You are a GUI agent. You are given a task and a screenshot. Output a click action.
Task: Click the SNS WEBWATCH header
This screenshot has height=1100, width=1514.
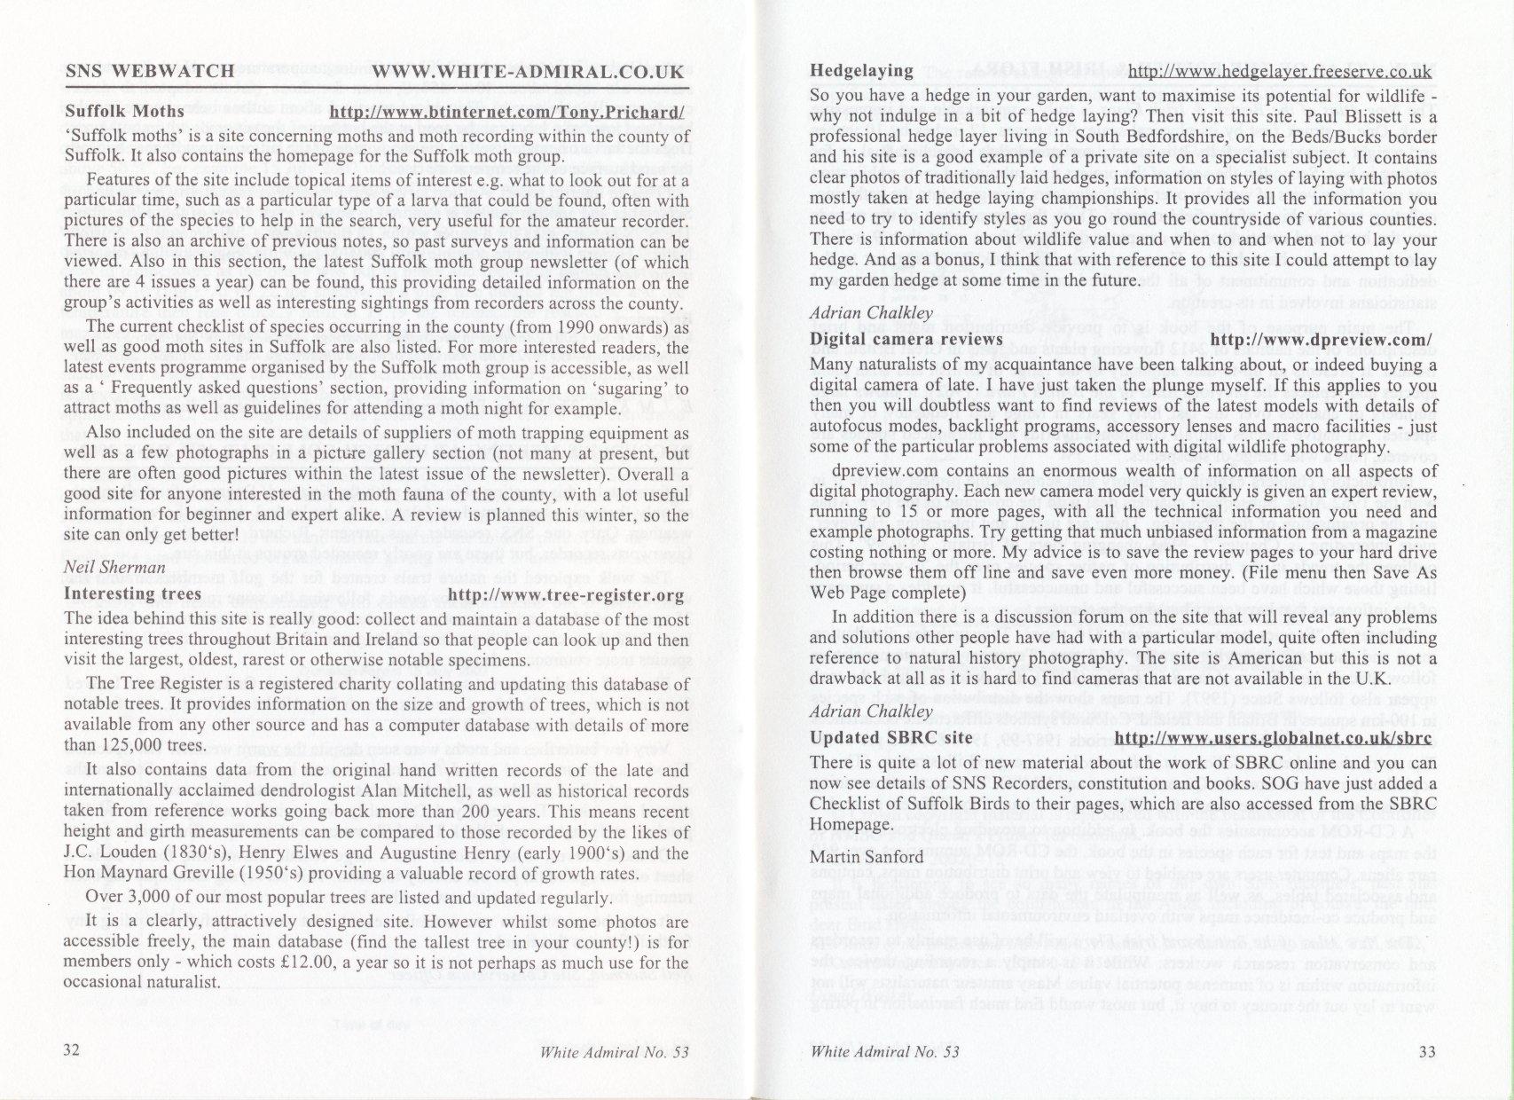coord(150,72)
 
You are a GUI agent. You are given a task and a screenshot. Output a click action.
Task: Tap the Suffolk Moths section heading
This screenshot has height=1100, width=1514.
coord(124,113)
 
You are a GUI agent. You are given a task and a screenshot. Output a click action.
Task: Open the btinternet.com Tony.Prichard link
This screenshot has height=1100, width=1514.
coord(506,113)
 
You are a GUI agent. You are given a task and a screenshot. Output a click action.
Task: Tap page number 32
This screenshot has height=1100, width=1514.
coord(73,1051)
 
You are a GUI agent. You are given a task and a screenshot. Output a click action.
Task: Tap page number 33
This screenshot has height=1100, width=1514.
coord(1427,1052)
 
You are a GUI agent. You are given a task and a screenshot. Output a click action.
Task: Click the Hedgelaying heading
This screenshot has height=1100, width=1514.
coord(861,71)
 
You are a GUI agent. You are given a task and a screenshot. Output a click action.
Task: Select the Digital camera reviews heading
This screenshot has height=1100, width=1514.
coord(906,340)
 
